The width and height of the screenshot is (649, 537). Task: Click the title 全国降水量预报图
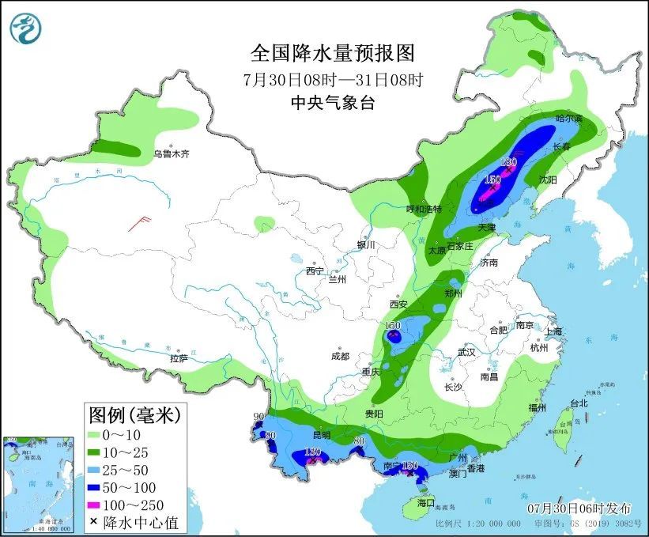pos(332,53)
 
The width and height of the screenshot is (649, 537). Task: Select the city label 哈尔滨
pos(568,119)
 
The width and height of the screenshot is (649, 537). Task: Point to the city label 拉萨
pos(179,358)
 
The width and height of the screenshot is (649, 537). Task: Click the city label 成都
pos(341,356)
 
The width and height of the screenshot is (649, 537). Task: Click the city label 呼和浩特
pos(424,209)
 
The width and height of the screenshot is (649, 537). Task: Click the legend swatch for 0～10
pos(101,435)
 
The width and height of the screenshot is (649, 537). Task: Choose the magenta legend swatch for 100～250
pos(101,505)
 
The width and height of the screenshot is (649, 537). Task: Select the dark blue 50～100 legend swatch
pos(101,487)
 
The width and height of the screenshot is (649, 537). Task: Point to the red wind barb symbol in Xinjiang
pos(140,222)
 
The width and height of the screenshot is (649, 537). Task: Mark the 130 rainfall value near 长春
pos(510,162)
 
